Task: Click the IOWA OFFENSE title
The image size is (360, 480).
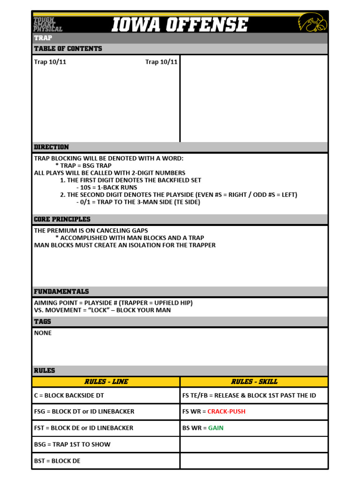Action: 180,24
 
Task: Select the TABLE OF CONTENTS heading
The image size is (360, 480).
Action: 67,49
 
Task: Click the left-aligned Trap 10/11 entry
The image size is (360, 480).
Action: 50,62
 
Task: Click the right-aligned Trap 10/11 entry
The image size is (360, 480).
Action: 161,62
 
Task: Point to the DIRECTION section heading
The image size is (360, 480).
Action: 51,147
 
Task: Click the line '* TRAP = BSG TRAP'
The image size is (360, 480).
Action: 83,165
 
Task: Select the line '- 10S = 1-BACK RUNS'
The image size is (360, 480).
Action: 106,187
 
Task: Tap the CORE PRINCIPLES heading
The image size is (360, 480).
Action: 62,219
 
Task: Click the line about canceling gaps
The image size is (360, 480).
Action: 91,231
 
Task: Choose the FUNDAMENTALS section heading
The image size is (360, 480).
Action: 61,292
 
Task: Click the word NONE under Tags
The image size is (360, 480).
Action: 43,333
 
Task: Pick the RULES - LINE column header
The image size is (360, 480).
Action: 106,382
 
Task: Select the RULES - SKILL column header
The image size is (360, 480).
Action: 254,382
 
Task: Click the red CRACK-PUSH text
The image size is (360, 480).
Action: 226,412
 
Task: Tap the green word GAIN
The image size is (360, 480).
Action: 216,428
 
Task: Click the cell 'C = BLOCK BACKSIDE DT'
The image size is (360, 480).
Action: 69,396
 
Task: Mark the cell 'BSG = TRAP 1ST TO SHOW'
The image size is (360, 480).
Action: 72,444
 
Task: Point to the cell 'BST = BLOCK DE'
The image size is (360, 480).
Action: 57,461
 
